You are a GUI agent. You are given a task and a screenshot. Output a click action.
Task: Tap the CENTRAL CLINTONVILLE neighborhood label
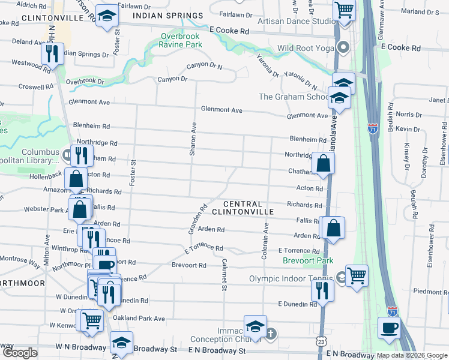point(243,208)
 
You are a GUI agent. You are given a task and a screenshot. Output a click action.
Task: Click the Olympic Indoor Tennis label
point(291,278)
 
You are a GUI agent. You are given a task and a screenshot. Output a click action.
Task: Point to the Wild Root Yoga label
point(305,48)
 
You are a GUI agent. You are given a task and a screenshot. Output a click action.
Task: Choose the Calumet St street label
point(223,275)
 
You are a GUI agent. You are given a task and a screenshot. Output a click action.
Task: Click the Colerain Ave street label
point(264,241)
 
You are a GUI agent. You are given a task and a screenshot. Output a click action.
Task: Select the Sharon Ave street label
point(193,140)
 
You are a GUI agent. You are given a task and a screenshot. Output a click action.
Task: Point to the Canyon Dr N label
point(204,66)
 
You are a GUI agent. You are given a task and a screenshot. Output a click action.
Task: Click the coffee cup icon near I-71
point(389,328)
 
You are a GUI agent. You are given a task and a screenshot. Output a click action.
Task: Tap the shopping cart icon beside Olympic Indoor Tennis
point(357,275)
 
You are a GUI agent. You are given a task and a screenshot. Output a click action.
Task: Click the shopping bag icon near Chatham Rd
point(323,163)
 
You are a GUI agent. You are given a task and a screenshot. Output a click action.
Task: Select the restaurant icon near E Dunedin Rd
point(322,290)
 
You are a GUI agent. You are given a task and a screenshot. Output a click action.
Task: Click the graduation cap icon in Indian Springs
point(107,17)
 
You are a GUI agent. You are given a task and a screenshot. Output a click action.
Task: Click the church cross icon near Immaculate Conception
point(271,332)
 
